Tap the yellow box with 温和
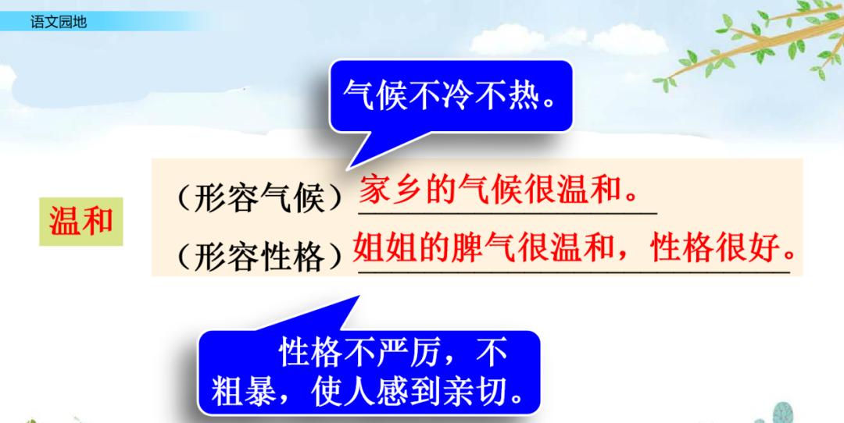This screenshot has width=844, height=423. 80,222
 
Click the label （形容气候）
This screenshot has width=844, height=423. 258,199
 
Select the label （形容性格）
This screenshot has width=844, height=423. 258,255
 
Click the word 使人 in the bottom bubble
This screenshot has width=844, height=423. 337,389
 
